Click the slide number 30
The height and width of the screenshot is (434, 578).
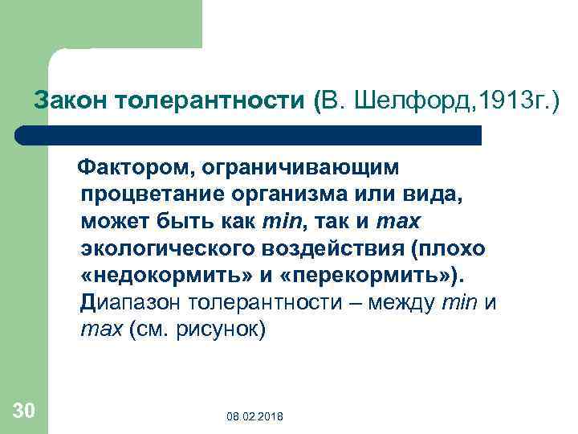point(24,411)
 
